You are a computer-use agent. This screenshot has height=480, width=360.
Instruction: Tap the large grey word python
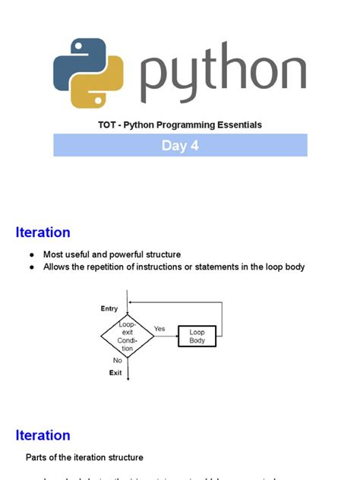(224, 71)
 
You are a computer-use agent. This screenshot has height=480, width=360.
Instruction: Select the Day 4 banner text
(180, 145)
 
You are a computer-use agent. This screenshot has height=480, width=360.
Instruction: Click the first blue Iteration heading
(43, 232)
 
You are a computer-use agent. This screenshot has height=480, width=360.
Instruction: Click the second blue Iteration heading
(43, 435)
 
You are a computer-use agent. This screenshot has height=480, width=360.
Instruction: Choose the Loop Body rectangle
(197, 336)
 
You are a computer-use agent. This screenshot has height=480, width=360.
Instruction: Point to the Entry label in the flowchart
(109, 308)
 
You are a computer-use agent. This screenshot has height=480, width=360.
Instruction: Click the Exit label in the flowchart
(115, 373)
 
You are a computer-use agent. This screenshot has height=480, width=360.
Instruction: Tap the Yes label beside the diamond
(159, 329)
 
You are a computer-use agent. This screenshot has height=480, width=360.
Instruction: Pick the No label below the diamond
(118, 360)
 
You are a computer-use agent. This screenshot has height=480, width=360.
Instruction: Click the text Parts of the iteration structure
(84, 457)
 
